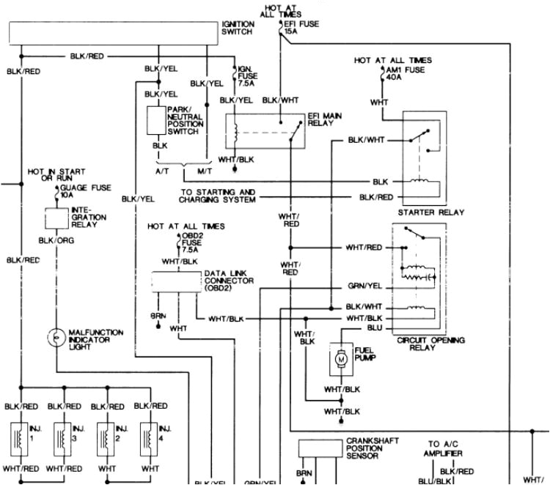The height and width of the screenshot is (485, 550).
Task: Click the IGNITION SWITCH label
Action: (238, 28)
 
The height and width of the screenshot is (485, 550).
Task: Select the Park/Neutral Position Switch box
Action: (155, 120)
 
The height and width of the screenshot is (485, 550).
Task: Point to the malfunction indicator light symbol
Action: (55, 338)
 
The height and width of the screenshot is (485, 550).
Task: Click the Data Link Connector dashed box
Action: (176, 282)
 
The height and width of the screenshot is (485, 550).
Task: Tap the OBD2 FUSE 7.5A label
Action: (191, 242)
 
